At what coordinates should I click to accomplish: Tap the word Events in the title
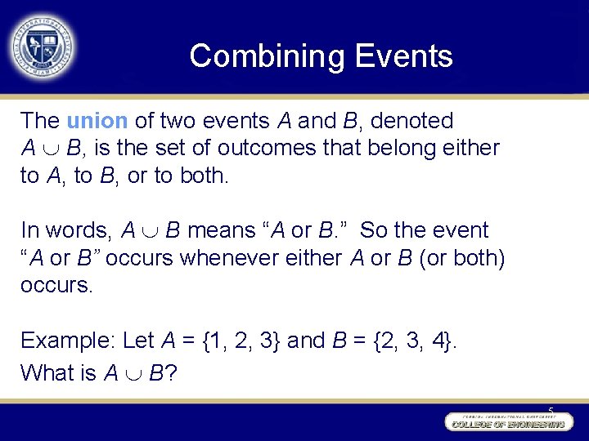click(404, 56)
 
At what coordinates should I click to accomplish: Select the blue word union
click(97, 121)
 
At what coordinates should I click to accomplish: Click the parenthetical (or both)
click(462, 258)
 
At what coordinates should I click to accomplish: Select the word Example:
click(68, 340)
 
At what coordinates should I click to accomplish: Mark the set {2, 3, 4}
click(416, 340)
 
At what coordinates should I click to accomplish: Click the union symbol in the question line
click(133, 374)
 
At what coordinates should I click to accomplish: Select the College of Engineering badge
click(506, 422)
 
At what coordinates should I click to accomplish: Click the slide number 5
click(551, 410)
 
